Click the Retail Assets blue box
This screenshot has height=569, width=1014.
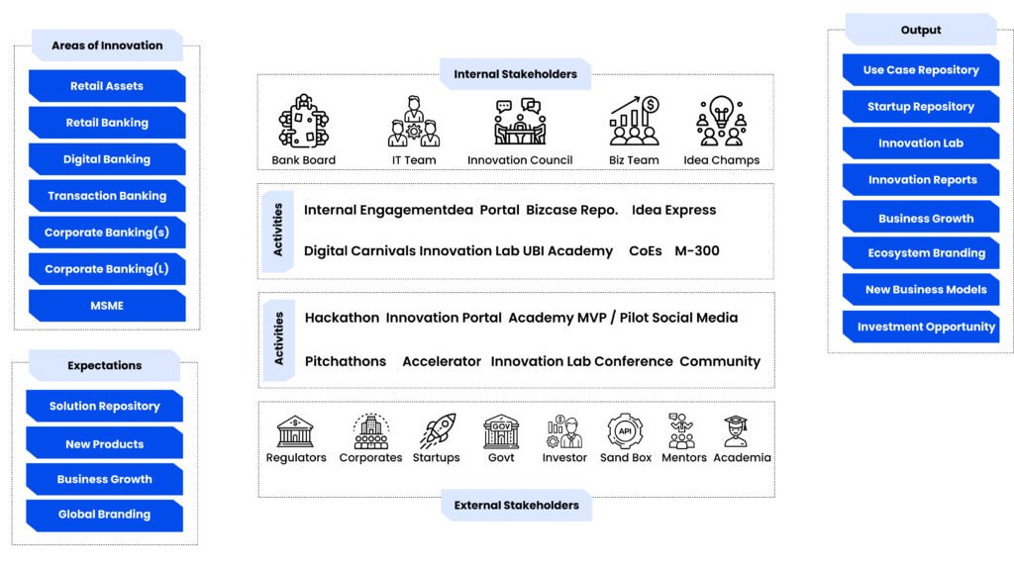(x=107, y=86)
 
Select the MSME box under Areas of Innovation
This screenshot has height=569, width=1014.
(x=107, y=306)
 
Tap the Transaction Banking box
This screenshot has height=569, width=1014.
(x=107, y=196)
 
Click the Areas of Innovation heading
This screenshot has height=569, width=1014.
(x=107, y=46)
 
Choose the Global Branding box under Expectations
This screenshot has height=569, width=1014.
(x=104, y=515)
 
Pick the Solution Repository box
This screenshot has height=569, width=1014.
(x=104, y=406)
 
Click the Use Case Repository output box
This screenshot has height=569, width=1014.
(x=921, y=70)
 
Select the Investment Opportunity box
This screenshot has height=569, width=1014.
(x=926, y=327)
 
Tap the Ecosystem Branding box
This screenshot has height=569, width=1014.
(x=926, y=253)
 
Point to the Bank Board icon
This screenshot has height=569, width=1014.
(x=303, y=123)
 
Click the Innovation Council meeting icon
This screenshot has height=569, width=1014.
(x=520, y=123)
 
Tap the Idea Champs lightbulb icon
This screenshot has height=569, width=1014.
(x=721, y=123)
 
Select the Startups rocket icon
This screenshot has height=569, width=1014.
(x=436, y=431)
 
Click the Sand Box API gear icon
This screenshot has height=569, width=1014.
(x=626, y=431)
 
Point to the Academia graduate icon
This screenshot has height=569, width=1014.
(x=736, y=431)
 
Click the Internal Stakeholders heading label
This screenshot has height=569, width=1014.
(x=515, y=74)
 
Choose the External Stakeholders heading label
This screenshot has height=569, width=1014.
(x=516, y=506)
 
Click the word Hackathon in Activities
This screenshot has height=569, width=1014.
(x=342, y=318)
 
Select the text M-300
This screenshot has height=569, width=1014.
(x=697, y=251)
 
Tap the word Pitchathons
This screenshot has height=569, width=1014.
(x=346, y=361)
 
